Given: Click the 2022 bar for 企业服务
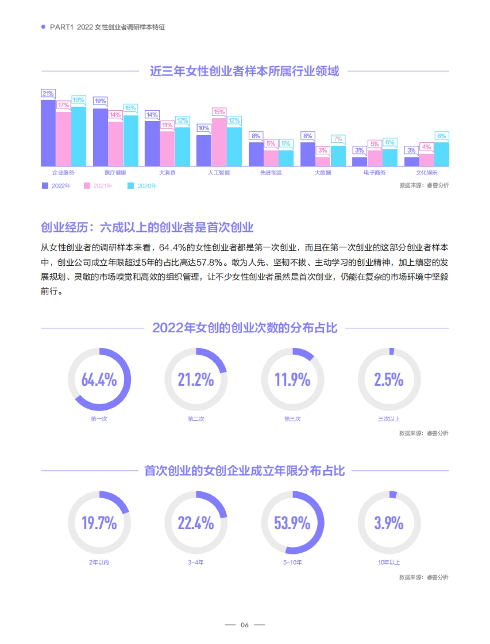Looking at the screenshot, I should tap(48, 133).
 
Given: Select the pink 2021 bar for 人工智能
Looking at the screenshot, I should tap(219, 142).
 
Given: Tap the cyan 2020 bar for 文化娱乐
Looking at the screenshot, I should tap(441, 154).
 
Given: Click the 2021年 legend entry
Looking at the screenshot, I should tap(98, 186).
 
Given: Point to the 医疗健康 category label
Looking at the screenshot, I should tap(115, 173).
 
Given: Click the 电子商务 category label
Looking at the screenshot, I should tap(374, 173).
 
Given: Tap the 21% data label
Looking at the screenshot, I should tap(48, 93).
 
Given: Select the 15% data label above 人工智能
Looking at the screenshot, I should tap(219, 112).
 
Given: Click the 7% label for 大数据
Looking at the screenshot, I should tap(338, 139).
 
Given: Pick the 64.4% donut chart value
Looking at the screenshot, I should tap(99, 380).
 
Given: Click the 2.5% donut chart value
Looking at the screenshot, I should tap(389, 380).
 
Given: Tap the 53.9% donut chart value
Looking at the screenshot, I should tap(292, 523).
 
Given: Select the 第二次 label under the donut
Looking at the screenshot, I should tap(196, 419).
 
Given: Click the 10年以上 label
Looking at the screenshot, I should tap(389, 562).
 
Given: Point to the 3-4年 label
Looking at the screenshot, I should tap(196, 562).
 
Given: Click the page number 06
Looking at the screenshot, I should tap(245, 625).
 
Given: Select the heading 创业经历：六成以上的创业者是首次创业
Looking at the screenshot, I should tap(147, 227).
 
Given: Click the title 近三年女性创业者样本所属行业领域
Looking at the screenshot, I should tap(244, 71).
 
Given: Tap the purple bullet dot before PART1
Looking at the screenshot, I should tap(43, 27).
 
